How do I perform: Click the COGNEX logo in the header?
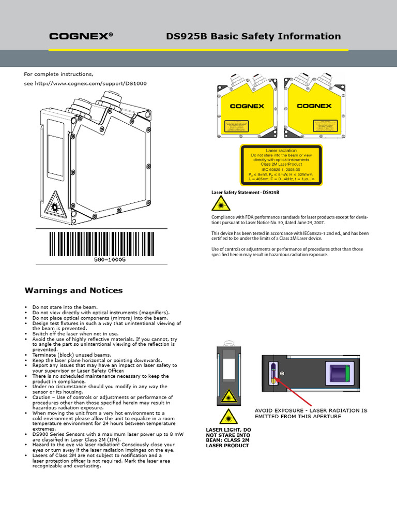(x=81, y=36)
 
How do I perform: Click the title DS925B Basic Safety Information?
(x=253, y=36)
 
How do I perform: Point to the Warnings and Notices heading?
(x=74, y=290)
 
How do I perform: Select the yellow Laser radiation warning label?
(x=282, y=165)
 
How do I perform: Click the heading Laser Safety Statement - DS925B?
(x=245, y=193)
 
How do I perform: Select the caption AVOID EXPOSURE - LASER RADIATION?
(x=311, y=413)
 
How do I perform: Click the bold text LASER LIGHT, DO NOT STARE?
(x=228, y=437)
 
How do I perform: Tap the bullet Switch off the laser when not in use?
(x=75, y=334)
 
